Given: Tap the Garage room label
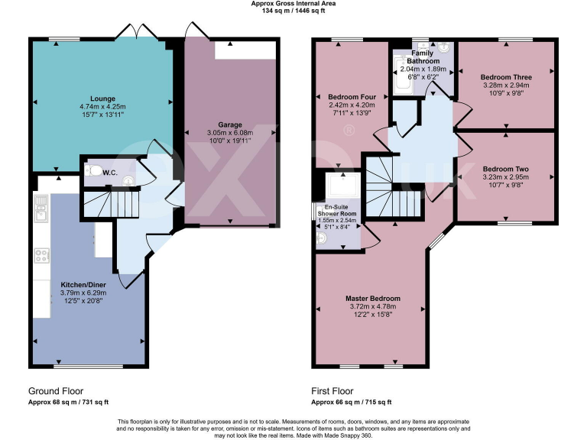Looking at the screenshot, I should click(229, 124).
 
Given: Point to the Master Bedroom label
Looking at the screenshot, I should click(372, 298).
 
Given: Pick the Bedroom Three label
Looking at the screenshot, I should click(506, 77).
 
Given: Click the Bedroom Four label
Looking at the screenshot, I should click(352, 97).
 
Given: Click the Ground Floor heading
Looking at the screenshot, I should click(56, 390).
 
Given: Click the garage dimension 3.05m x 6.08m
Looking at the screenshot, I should click(229, 132).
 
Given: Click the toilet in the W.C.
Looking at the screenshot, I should click(92, 170).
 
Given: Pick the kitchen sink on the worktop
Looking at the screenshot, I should click(41, 209).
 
